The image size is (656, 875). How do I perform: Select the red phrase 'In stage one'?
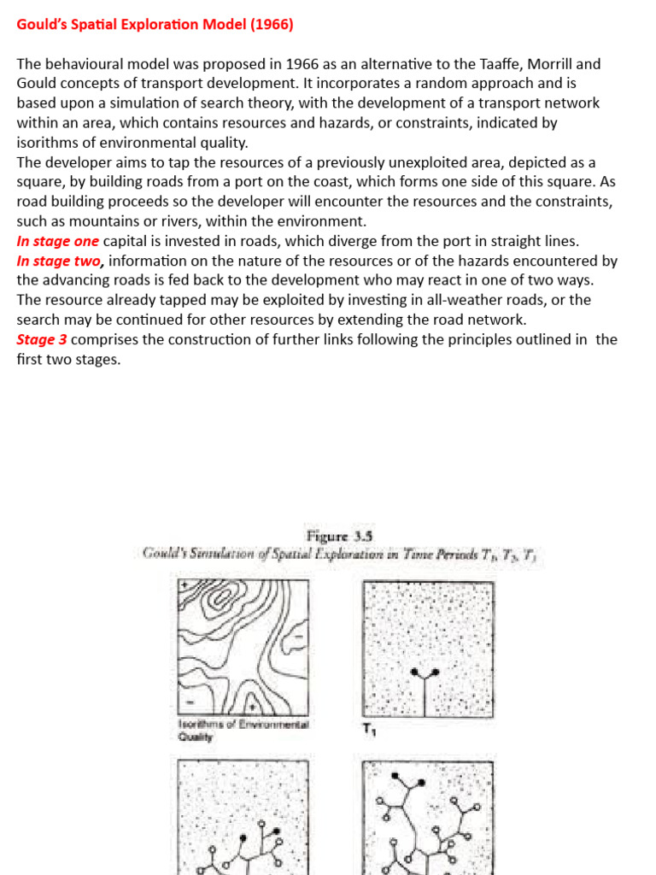57,242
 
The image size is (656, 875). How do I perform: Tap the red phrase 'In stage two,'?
61,261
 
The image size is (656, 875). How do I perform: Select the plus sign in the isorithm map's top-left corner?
184,587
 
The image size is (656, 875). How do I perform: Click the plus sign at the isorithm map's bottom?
254,708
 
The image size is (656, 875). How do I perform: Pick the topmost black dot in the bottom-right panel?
395,776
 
